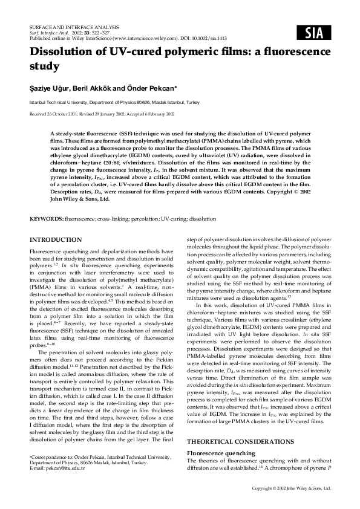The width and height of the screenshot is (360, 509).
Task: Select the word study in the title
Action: (45, 66)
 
